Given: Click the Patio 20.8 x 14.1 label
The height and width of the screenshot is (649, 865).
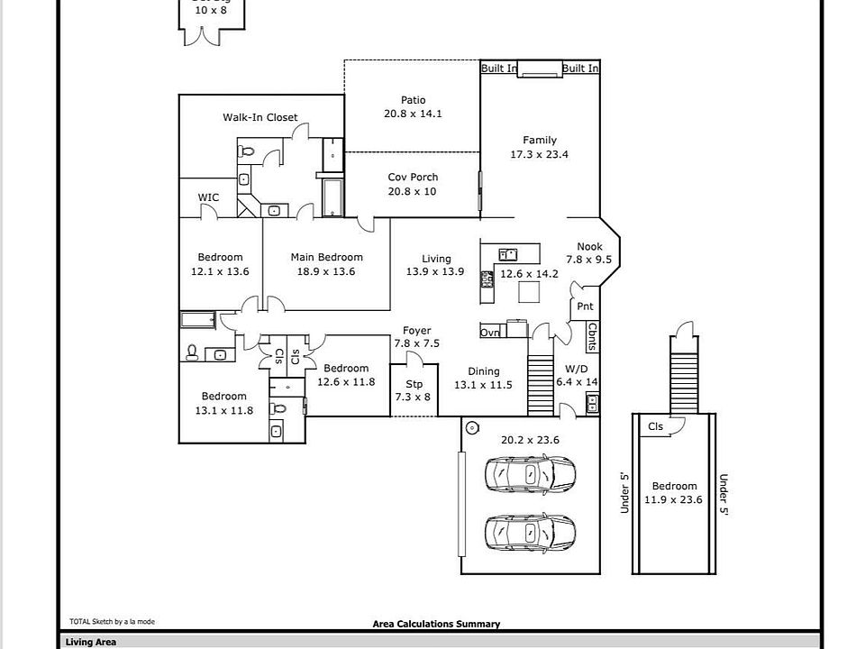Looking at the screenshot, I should [413, 107].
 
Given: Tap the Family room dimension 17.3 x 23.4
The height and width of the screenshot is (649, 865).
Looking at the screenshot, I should [540, 154].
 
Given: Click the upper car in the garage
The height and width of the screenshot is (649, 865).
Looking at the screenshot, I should [530, 474].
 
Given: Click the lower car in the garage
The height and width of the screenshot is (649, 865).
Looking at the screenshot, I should [530, 533].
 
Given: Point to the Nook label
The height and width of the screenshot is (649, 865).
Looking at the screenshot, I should [589, 246].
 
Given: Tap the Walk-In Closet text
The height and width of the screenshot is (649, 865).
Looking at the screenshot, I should [260, 117].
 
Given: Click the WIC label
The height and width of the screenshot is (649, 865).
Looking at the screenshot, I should [208, 197].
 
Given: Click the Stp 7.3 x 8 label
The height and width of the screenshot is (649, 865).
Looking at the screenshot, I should [414, 390].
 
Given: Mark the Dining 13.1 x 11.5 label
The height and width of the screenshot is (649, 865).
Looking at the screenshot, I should [483, 378].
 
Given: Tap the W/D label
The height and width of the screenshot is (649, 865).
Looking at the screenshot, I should [577, 369].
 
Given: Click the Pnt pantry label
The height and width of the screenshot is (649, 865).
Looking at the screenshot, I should [585, 306].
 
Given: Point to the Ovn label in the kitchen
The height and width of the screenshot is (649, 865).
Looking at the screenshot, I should [489, 333].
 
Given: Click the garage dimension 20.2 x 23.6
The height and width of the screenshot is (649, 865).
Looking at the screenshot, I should [530, 440].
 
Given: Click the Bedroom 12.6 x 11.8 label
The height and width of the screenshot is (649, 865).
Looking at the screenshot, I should [346, 374].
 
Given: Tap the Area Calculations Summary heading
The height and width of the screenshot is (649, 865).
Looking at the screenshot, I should [436, 624].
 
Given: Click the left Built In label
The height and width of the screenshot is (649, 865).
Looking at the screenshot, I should [498, 69].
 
